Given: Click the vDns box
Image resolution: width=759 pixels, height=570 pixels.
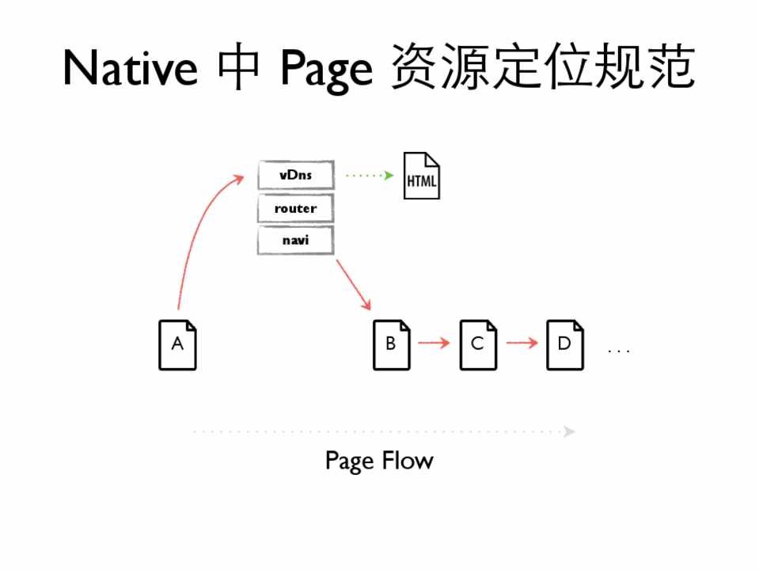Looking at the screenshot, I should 296,175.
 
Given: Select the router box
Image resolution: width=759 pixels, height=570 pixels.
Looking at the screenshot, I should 296,208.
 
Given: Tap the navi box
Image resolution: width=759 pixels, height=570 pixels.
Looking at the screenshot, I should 296,240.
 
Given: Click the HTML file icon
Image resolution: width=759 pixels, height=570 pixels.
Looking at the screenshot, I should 421,176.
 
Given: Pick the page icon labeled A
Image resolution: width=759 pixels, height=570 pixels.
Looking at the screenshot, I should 177,344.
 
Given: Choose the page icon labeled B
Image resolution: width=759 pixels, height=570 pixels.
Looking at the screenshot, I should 392,344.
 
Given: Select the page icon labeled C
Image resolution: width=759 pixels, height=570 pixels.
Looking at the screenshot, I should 478,344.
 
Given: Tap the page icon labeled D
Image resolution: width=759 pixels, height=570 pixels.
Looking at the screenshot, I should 565,344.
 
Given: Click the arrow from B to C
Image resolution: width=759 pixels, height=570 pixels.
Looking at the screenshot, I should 434,344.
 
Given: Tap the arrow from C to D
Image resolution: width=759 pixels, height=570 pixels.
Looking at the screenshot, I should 522,344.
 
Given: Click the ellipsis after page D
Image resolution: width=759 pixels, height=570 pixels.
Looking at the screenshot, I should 618,350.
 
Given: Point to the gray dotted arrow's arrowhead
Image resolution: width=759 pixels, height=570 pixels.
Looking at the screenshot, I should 569,431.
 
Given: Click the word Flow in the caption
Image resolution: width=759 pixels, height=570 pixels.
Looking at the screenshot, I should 408,460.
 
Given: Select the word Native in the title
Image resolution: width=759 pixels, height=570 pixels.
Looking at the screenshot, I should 130,68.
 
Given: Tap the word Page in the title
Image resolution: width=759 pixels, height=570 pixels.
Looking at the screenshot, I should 325,70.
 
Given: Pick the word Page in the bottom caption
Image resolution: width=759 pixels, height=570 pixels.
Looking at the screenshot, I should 348,461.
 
